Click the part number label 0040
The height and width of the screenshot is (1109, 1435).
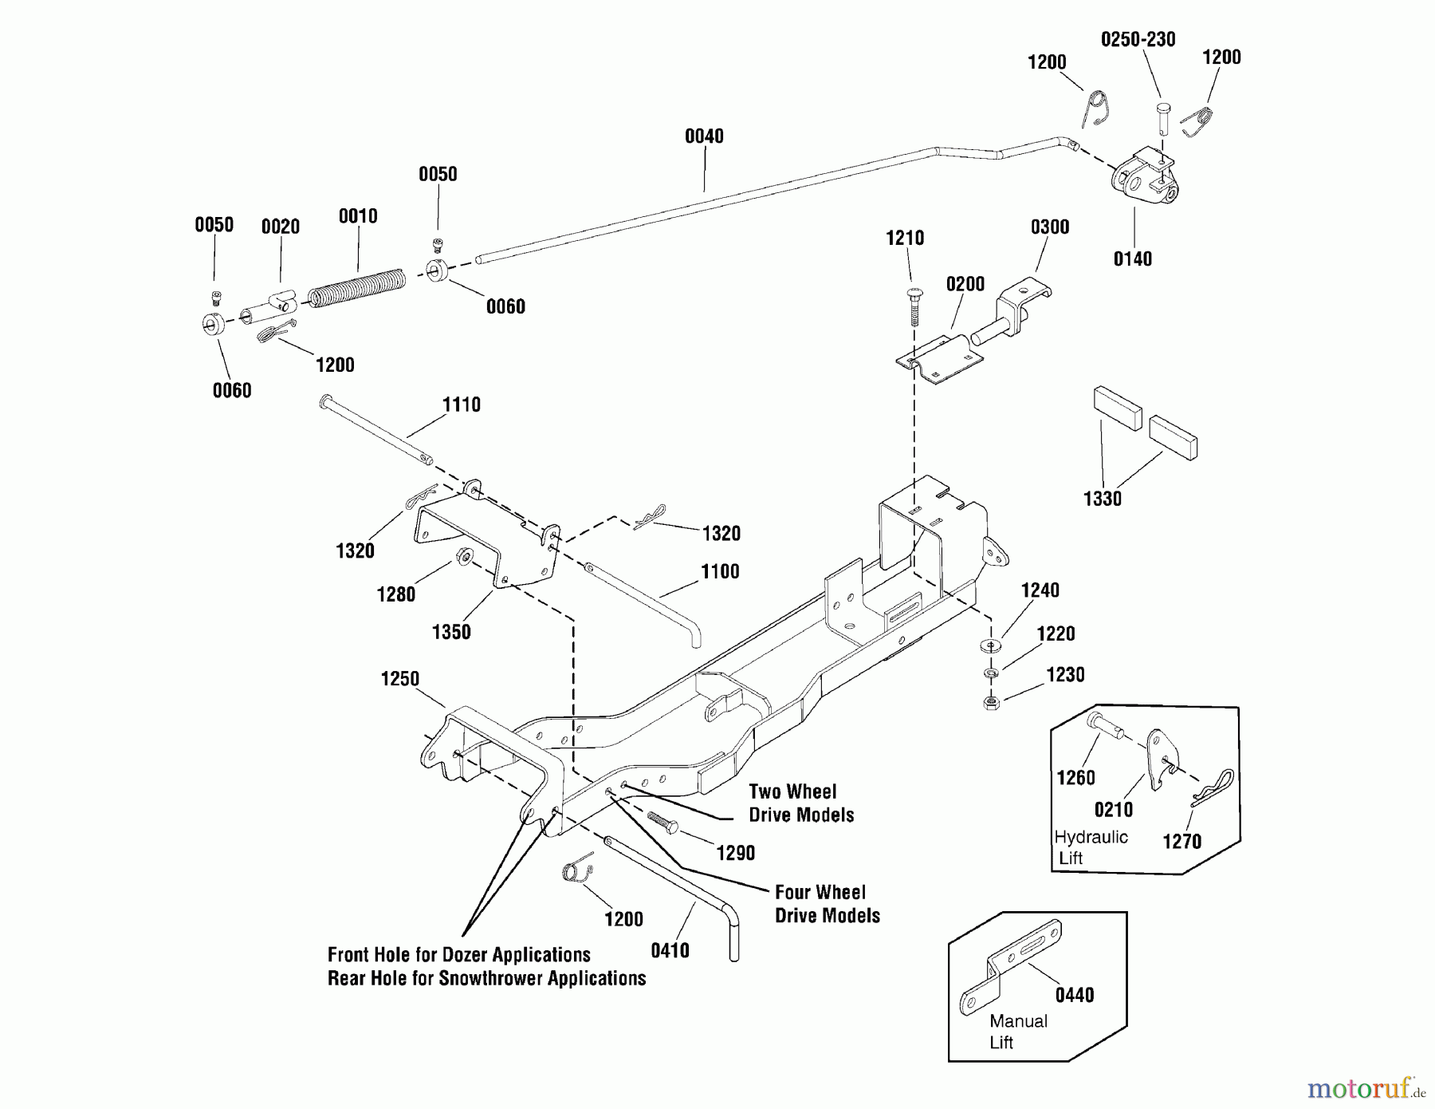(x=704, y=136)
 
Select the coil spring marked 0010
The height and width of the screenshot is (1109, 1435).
(x=356, y=287)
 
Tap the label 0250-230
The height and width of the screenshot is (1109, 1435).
(x=1138, y=40)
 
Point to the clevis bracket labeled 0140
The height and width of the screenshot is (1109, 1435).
(x=1140, y=183)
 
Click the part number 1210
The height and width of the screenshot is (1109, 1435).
(x=905, y=238)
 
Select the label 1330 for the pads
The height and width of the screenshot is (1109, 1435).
(x=1102, y=499)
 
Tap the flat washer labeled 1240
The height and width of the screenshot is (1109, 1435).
(x=991, y=645)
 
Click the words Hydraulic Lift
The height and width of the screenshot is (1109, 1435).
(x=1090, y=847)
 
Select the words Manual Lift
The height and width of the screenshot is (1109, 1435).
(x=1017, y=1032)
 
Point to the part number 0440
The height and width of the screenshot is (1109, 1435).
(x=1074, y=995)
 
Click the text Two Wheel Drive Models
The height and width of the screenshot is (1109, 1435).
(x=800, y=803)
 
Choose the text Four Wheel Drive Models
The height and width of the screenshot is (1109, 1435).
(x=827, y=904)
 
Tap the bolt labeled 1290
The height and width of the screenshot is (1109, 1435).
(x=662, y=823)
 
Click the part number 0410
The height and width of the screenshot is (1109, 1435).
(x=670, y=950)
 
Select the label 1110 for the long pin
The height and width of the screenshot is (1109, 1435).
(x=462, y=405)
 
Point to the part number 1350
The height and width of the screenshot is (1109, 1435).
(x=451, y=633)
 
